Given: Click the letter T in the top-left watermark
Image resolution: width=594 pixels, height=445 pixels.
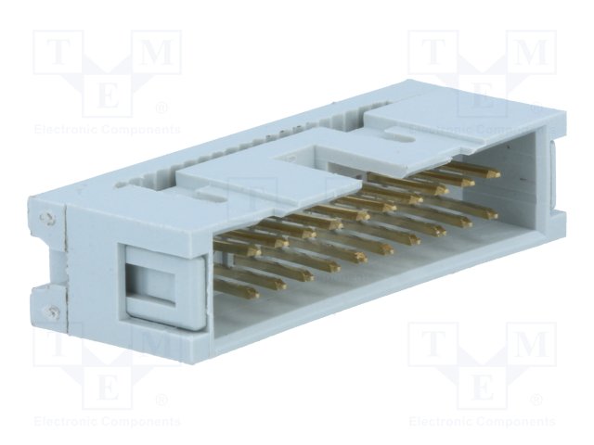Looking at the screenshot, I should tap(58, 54).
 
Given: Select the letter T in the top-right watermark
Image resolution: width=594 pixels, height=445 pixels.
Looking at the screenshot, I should tap(433, 54).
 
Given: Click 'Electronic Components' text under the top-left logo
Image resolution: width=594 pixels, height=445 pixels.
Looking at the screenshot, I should tap(108, 129).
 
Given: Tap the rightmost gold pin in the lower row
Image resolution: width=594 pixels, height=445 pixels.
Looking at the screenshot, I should tap(484, 214).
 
